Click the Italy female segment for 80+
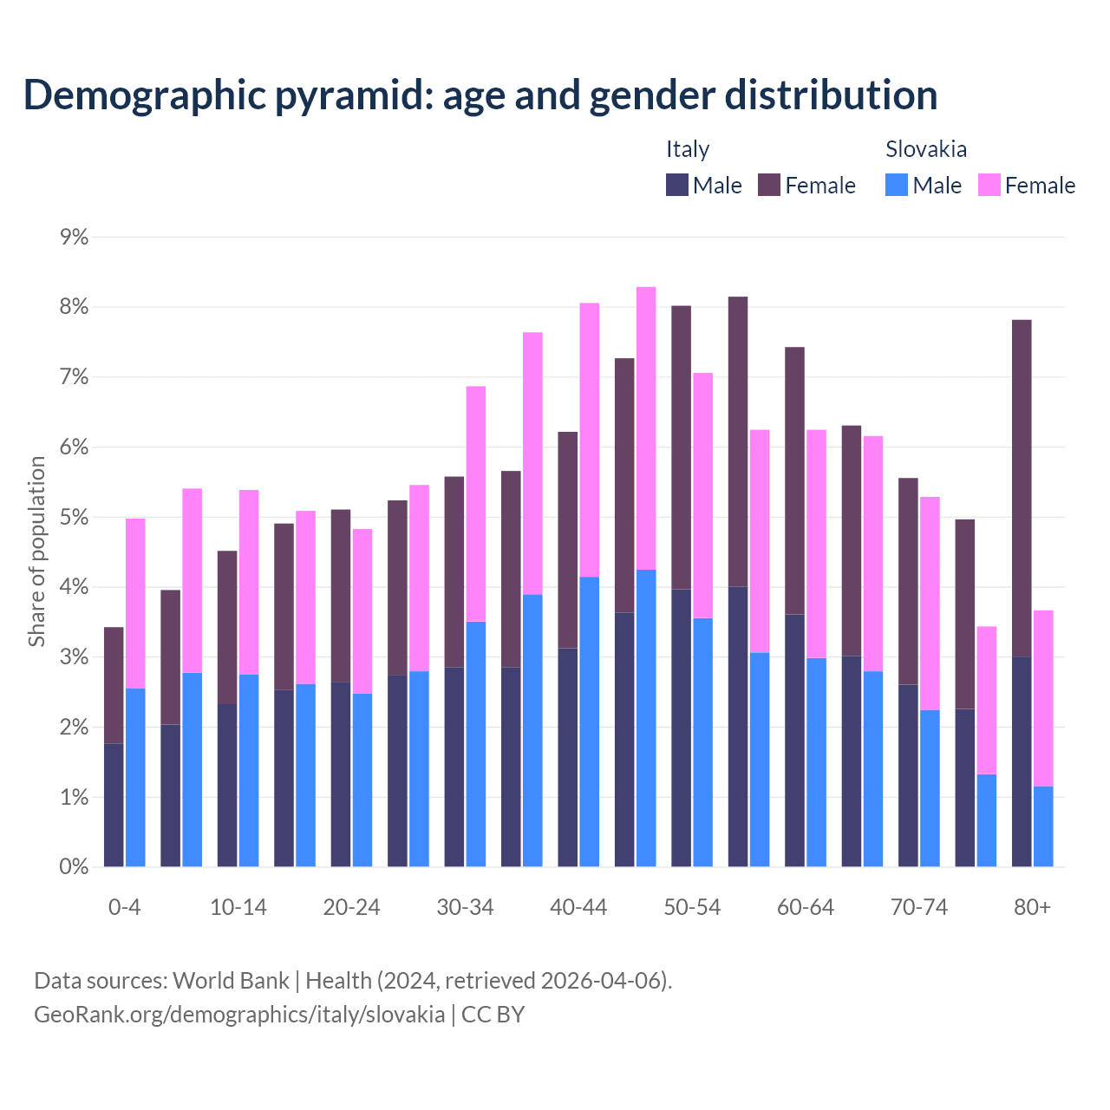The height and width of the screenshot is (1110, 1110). [x=1022, y=488]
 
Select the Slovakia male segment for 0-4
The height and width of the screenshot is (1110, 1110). [x=135, y=777]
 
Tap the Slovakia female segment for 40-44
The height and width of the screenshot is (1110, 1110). [x=590, y=440]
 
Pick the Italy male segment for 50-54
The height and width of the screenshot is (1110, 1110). [x=682, y=728]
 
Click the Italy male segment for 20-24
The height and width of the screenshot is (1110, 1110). [x=341, y=774]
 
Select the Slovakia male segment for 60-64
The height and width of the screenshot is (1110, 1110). [x=816, y=762]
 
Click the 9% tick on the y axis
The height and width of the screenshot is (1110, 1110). [x=75, y=237]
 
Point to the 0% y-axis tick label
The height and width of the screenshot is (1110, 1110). [x=75, y=866]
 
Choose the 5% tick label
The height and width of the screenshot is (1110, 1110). [x=75, y=518]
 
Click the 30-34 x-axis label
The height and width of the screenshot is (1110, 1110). [x=465, y=907]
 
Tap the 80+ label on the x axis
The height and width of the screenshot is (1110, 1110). [x=1032, y=907]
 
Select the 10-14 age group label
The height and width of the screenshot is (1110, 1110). [x=238, y=907]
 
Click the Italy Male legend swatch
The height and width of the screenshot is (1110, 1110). [x=677, y=185]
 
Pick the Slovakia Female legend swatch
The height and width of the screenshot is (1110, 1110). [x=989, y=185]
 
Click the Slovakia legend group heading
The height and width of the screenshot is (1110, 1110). [x=926, y=149]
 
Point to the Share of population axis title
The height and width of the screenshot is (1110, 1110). [x=37, y=552]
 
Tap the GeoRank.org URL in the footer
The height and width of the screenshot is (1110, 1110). [x=239, y=1014]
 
